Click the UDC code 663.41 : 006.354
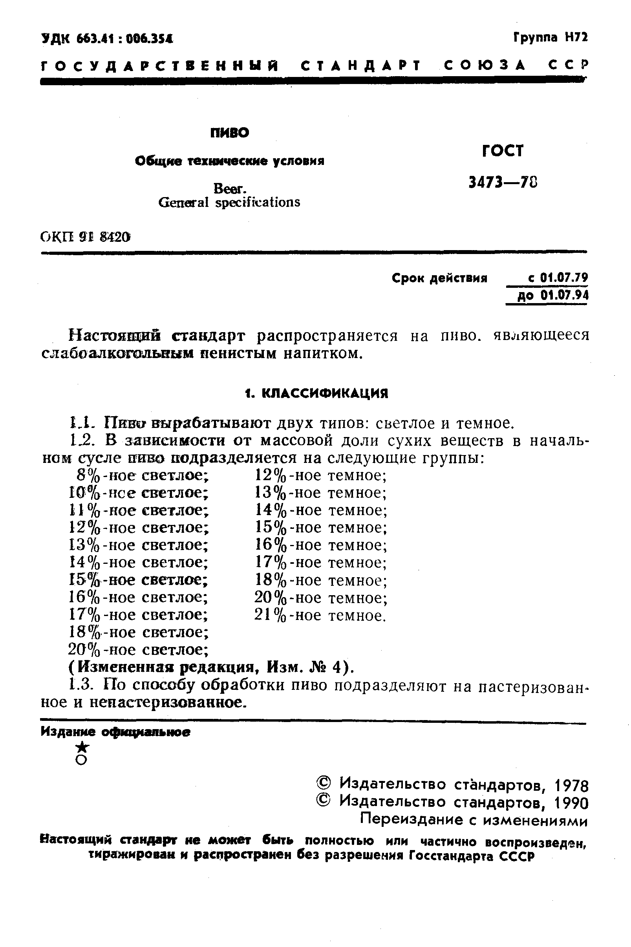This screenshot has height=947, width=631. tap(107, 39)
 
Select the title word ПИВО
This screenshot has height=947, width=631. tap(230, 133)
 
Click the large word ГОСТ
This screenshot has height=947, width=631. tap(503, 151)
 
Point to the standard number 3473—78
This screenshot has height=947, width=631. tap(503, 183)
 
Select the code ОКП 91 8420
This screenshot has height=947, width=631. tap(86, 238)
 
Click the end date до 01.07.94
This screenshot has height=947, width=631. tap(552, 296)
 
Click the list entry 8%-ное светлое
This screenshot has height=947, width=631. tap(143, 475)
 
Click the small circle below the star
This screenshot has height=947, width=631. tap(82, 760)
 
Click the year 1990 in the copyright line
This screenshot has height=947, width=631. tap(571, 803)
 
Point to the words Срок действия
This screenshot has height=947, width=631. tap(439, 278)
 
